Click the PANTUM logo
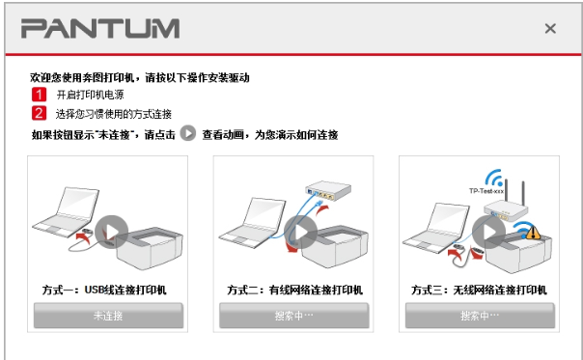[x=100, y=29]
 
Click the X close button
[x=550, y=29]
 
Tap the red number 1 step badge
[x=39, y=95]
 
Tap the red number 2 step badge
[x=39, y=113]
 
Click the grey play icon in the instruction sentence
[x=188, y=133]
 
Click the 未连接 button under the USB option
[x=108, y=316]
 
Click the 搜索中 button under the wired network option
[x=293, y=316]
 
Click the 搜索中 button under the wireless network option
[x=480, y=316]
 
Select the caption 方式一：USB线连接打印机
[x=104, y=290]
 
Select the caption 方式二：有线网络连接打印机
[x=294, y=290]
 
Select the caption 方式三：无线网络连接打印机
[x=479, y=290]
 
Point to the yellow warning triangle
[x=533, y=233]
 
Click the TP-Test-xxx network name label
[x=486, y=191]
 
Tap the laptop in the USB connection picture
[x=66, y=212]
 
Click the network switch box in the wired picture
[x=328, y=190]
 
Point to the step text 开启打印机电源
[x=91, y=95]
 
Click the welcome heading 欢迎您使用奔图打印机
[x=82, y=77]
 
